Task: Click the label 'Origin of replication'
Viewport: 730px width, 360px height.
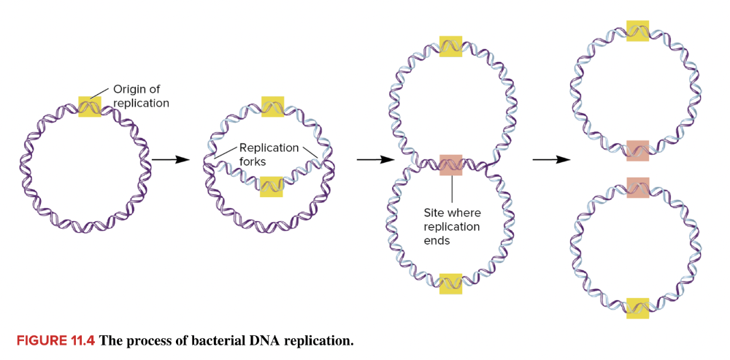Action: [141, 96]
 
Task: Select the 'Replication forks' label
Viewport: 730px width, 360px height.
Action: [268, 155]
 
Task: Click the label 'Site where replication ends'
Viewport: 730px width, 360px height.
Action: [452, 226]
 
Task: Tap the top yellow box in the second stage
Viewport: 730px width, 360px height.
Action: [272, 107]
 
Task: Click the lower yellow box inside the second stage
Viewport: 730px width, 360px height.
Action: [272, 186]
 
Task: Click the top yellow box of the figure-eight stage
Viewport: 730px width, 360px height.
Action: [450, 46]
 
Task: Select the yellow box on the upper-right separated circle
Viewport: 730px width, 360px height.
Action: [637, 31]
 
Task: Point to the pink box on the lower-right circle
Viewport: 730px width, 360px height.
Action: [637, 187]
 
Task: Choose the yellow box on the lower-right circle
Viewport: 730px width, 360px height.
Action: [637, 307]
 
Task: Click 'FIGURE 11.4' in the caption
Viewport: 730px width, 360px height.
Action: [55, 340]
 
